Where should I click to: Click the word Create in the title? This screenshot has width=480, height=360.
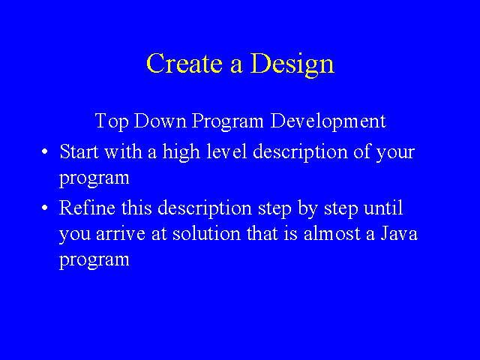[184, 63]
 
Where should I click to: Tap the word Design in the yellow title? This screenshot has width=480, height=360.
[292, 65]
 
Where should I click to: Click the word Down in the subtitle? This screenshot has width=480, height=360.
[160, 121]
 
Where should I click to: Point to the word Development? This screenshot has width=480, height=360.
[328, 121]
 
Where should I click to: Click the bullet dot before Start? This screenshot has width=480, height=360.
[45, 151]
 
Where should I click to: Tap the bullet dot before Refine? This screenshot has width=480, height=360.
[45, 208]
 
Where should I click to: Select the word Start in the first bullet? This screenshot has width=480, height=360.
[79, 151]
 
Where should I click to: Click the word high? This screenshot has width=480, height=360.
[181, 153]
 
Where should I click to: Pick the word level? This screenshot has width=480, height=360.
[226, 151]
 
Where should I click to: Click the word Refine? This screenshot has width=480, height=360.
[87, 207]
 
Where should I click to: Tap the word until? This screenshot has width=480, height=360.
[383, 207]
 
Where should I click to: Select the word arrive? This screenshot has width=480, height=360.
[120, 234]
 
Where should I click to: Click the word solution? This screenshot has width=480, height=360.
[207, 233]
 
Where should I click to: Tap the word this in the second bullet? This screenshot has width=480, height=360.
[136, 207]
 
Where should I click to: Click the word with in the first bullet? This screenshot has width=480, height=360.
[123, 151]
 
